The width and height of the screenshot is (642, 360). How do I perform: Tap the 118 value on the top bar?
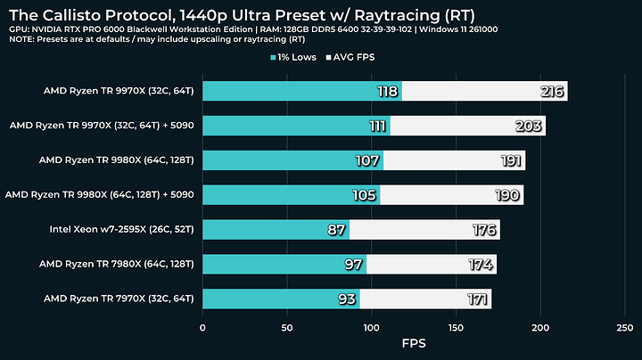click(386, 91)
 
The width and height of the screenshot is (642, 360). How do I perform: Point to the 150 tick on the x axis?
click(457, 328)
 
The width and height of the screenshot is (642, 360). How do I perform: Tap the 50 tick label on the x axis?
click(287, 328)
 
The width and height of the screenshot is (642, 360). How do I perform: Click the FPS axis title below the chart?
click(414, 343)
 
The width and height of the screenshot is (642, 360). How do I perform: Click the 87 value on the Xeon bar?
click(337, 230)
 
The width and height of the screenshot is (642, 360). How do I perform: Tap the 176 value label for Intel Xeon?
click(485, 230)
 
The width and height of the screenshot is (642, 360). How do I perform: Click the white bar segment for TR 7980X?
click(428, 264)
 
